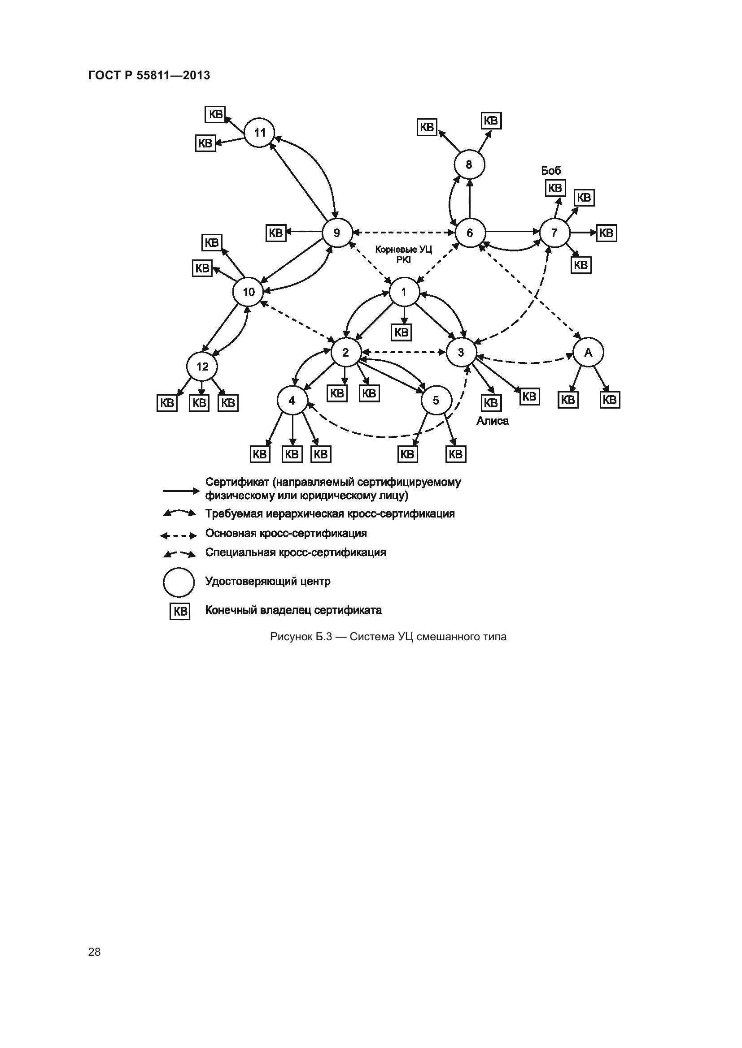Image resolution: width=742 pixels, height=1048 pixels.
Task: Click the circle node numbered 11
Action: pos(259,133)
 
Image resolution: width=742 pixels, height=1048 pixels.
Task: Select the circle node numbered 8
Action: pos(469,164)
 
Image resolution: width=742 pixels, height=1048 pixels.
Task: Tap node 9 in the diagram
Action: pos(337,233)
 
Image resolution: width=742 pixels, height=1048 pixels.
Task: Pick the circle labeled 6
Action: pos(470,233)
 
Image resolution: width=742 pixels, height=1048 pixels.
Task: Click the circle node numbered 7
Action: pos(554,233)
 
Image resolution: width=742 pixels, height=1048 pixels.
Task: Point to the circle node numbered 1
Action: pos(404,292)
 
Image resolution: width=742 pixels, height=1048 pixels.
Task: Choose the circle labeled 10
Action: pos(248,292)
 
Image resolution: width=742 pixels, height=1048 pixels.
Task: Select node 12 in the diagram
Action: pos(202,367)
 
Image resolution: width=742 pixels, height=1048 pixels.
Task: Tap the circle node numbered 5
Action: pos(436,401)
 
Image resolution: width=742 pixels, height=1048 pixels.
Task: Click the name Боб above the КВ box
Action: pos(551,171)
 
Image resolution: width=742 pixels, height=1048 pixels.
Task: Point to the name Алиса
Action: pos(493,421)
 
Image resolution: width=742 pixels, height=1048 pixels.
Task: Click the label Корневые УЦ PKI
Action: pos(403,254)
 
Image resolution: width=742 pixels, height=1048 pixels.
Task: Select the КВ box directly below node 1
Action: pos(402,332)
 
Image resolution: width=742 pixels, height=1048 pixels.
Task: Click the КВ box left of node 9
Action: pos(275,233)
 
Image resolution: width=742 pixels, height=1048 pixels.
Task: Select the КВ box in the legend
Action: pos(180,611)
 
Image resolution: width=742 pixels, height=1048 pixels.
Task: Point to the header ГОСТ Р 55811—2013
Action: pos(149,75)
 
